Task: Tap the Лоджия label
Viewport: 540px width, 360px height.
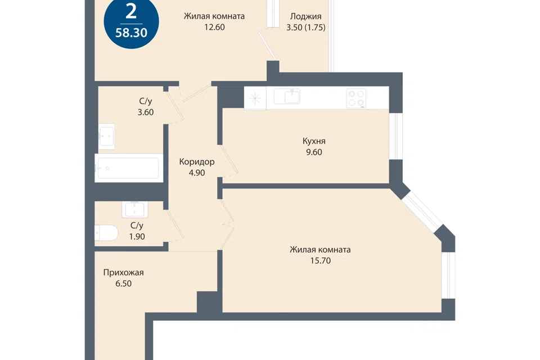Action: pyautogui.click(x=306, y=16)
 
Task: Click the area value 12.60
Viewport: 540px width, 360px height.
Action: pyautogui.click(x=214, y=27)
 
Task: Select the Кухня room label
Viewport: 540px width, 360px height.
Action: pyautogui.click(x=314, y=141)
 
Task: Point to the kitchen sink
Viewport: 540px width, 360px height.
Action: pyautogui.click(x=287, y=96)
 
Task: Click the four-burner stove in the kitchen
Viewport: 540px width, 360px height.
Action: pyautogui.click(x=357, y=98)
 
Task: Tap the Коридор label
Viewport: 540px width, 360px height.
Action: pyautogui.click(x=197, y=161)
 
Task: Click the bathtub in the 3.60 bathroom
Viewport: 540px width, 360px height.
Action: pyautogui.click(x=128, y=168)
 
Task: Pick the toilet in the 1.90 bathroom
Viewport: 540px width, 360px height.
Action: pyautogui.click(x=106, y=233)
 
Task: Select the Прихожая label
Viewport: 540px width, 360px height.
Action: pyautogui.click(x=123, y=272)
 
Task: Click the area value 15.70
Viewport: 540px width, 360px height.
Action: pyautogui.click(x=320, y=261)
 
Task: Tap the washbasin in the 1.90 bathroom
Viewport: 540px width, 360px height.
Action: pyautogui.click(x=134, y=209)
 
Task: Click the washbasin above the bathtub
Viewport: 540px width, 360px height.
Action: pyautogui.click(x=106, y=137)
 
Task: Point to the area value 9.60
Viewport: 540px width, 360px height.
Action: pyautogui.click(x=314, y=152)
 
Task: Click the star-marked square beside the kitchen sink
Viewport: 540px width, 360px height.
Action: pyautogui.click(x=255, y=98)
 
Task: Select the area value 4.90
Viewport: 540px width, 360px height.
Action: pyautogui.click(x=197, y=173)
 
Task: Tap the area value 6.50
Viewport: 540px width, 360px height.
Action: pyautogui.click(x=123, y=283)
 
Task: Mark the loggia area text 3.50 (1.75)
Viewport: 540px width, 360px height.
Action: pyautogui.click(x=306, y=27)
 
